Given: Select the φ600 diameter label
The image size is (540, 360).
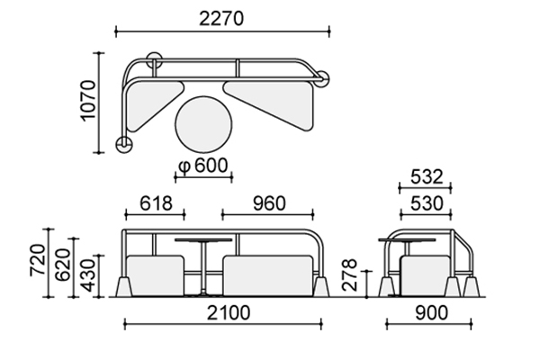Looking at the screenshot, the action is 203,166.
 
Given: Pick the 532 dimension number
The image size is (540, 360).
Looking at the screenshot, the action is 427,177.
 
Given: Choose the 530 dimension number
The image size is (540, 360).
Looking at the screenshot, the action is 427,203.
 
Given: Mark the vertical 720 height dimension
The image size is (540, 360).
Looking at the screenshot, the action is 38,260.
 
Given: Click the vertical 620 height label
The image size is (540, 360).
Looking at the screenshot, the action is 62,265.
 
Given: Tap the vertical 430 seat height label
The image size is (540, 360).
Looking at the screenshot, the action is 88,275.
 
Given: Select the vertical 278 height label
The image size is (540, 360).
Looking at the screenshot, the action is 350,274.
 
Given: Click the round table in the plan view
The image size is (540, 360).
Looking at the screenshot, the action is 203,124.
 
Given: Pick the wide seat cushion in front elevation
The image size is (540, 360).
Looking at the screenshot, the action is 268,275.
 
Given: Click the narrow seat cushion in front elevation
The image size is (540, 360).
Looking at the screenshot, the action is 155,275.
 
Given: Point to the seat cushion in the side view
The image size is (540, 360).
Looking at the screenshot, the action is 426,275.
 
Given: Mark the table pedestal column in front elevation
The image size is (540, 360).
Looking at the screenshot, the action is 203,267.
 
